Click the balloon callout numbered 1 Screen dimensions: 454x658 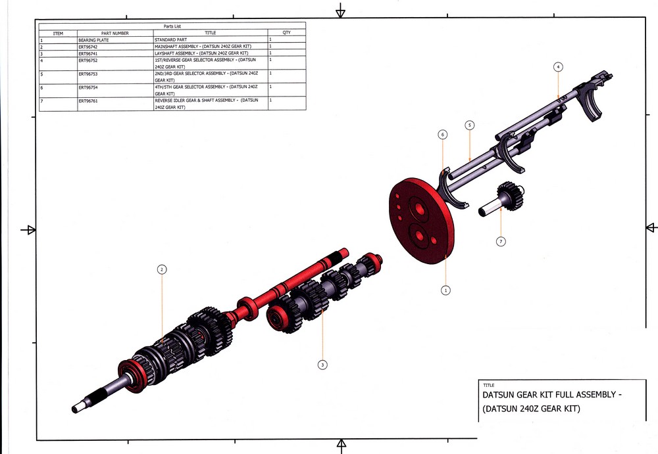pyautogui.click(x=445, y=289)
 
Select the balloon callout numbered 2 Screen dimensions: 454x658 pyautogui.click(x=161, y=269)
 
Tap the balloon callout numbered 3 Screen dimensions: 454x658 pyautogui.click(x=322, y=365)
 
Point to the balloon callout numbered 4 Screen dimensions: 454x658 pyautogui.click(x=558, y=67)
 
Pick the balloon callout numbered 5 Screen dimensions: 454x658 pyautogui.click(x=469, y=125)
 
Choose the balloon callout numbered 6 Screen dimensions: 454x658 pyautogui.click(x=443, y=135)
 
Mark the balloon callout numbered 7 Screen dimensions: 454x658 pyautogui.click(x=501, y=242)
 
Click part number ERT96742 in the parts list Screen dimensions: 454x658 pyautogui.click(x=88, y=47)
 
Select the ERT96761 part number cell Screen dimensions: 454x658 pyautogui.click(x=88, y=101)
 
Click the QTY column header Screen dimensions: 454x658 pyautogui.click(x=286, y=33)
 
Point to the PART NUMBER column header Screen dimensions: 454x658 pyautogui.click(x=115, y=33)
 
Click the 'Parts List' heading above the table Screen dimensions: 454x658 pyautogui.click(x=172, y=26)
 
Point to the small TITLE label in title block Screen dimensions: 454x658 pyautogui.click(x=488, y=385)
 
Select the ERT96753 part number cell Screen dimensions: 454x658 pyautogui.click(x=88, y=74)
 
